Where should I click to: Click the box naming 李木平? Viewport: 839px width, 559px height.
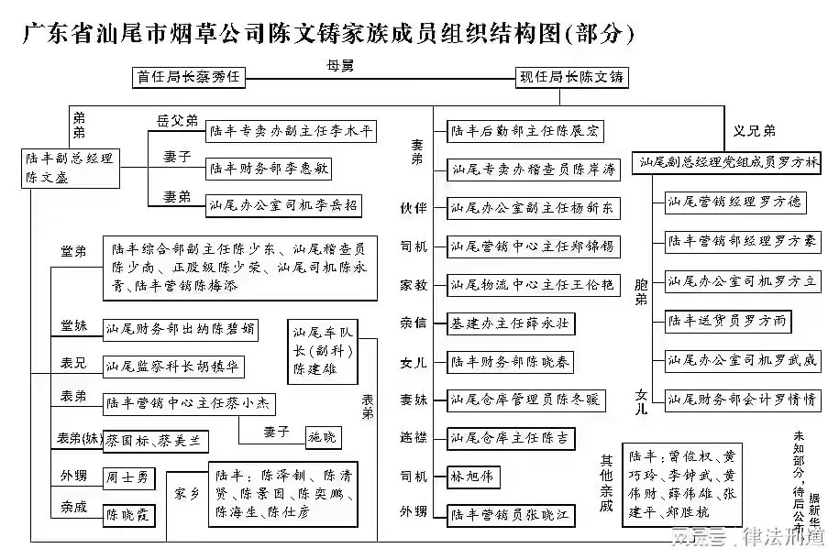[291, 132]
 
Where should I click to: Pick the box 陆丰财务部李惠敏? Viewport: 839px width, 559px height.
[268, 170]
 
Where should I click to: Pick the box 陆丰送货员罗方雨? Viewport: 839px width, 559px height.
[726, 321]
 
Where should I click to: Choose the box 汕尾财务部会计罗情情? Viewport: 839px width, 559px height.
[742, 400]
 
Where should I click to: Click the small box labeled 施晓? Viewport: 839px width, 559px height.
[322, 436]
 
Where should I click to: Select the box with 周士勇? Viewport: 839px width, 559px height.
[127, 477]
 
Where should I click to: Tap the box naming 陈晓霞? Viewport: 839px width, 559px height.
[128, 515]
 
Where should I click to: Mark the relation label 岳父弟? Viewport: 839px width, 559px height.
[177, 120]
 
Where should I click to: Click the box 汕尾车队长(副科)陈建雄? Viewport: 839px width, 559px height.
[322, 349]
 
